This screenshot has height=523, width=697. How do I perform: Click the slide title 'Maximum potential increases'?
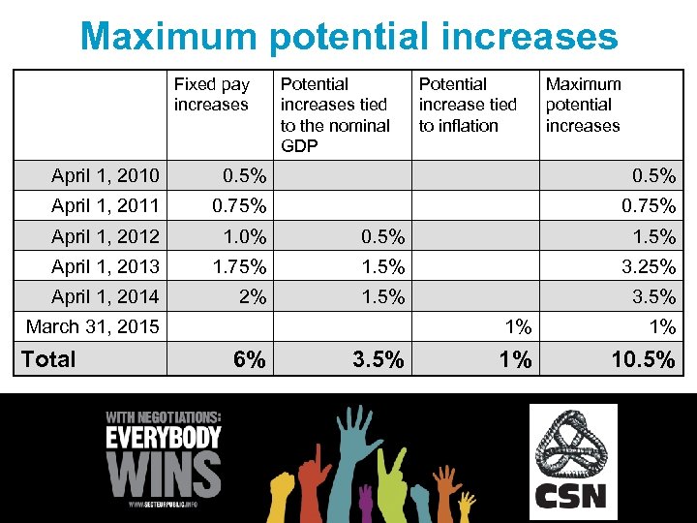point(348,37)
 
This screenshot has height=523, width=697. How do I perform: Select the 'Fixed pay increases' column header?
point(211,95)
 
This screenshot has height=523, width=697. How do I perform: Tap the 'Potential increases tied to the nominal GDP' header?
point(335,115)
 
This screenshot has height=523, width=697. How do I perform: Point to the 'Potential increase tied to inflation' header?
point(468,105)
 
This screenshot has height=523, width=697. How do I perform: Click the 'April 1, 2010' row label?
point(106,175)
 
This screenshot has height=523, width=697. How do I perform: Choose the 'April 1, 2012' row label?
point(106,235)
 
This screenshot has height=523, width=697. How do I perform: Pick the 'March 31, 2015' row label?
point(93,326)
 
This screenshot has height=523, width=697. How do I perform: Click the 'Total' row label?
point(48,359)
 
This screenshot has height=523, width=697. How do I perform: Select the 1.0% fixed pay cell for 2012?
point(245,236)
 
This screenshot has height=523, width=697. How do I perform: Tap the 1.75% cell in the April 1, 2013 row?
point(239,266)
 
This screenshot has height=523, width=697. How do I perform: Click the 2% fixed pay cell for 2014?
point(252,296)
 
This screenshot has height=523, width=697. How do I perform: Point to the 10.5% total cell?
point(642,360)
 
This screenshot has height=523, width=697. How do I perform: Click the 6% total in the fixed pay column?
point(249,360)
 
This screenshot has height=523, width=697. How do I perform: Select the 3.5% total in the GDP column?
point(378,360)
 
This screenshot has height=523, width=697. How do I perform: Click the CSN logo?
point(572,460)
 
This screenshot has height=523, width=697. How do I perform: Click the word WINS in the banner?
point(164,474)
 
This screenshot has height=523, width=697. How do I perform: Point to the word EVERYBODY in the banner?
point(164,437)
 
